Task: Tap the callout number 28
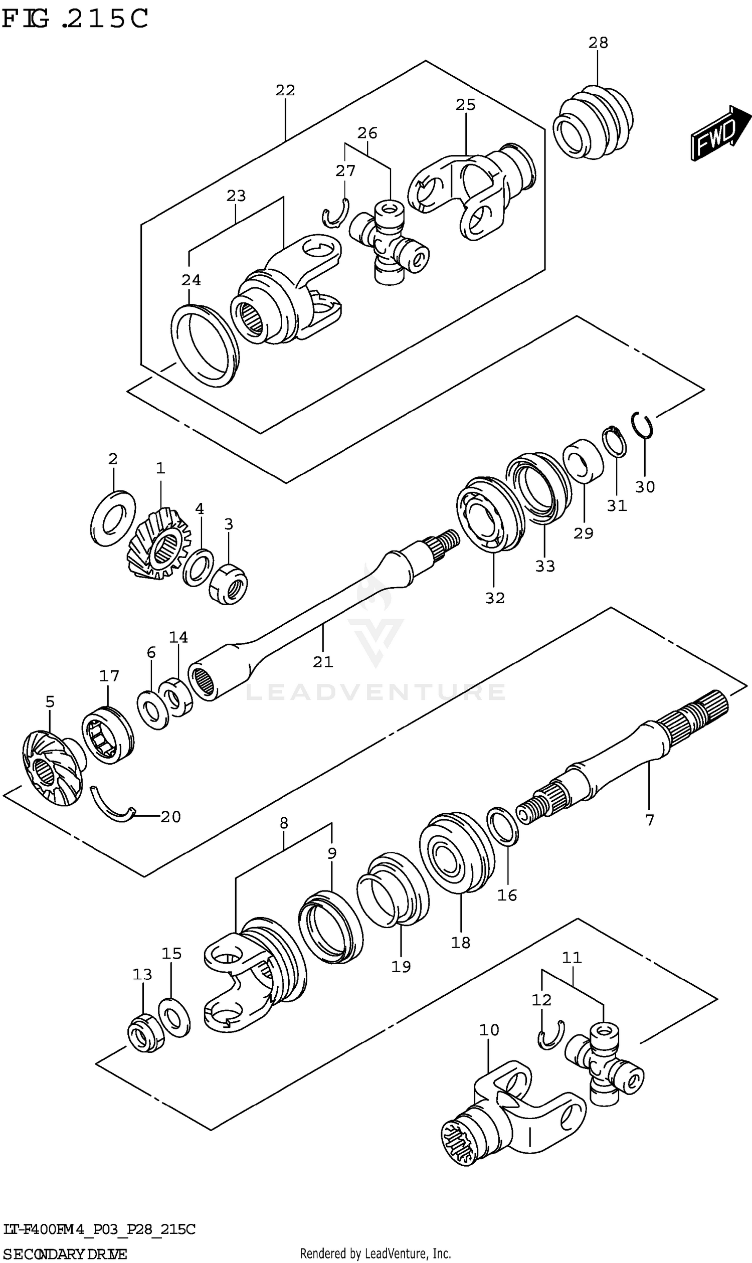(598, 43)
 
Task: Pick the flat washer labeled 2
(113, 518)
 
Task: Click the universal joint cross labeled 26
(389, 242)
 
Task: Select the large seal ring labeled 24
(205, 345)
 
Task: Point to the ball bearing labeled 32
(489, 513)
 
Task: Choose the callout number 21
(323, 661)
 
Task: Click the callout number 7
(650, 820)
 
